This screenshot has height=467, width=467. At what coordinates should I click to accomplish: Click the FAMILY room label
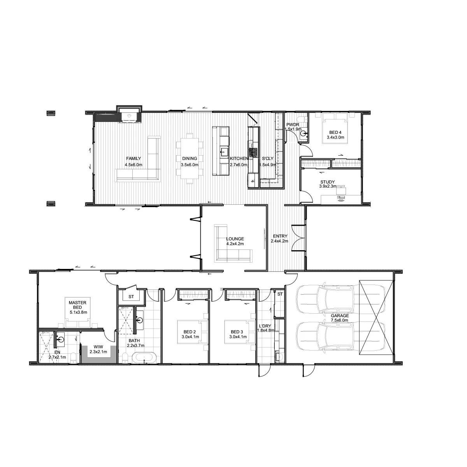point(133,158)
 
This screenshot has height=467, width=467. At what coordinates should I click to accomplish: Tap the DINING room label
point(190,158)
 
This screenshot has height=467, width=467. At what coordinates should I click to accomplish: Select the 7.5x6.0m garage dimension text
point(339,320)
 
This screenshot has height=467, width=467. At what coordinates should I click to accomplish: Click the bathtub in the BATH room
point(144,358)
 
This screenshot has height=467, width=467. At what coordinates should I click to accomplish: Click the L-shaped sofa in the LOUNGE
point(233,244)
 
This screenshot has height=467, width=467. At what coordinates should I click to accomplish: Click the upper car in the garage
point(341,300)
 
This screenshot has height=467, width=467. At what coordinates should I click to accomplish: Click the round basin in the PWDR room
point(304,133)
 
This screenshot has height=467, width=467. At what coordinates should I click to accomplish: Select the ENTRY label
point(280,236)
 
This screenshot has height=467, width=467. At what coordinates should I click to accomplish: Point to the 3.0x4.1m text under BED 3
point(238,337)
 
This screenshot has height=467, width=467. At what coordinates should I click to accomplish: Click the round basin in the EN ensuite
point(60,339)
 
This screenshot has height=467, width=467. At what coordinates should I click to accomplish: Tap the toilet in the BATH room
point(125,358)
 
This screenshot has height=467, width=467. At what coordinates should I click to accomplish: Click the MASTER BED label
point(77,305)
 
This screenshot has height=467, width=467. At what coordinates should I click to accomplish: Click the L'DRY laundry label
point(265,326)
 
